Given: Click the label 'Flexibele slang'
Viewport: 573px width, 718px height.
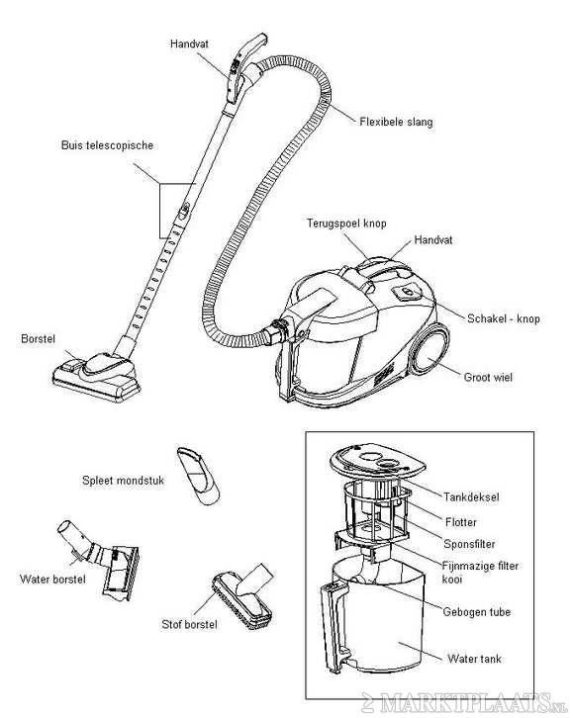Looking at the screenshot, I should coord(396,123).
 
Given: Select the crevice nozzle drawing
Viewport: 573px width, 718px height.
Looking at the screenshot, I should coord(198,475).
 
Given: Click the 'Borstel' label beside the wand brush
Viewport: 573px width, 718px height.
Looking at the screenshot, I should coord(37,338).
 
